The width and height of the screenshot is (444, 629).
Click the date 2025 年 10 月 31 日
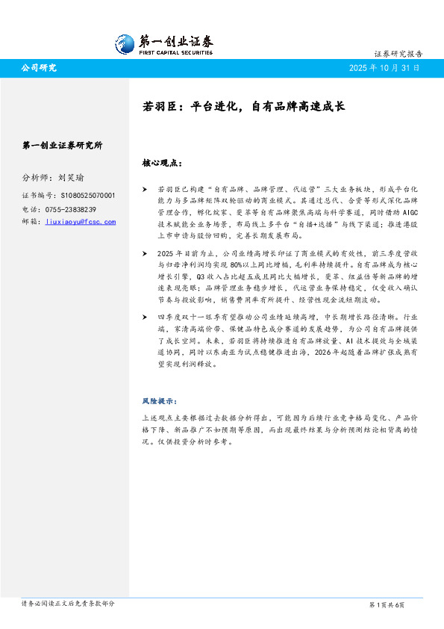coord(384,68)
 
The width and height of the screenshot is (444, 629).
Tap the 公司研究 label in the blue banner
coord(39,68)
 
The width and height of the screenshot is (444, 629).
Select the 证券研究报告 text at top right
coord(398,55)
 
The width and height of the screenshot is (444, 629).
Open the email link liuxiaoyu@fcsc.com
coord(81,222)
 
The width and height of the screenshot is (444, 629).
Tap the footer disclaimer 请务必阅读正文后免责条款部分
coord(68,604)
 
